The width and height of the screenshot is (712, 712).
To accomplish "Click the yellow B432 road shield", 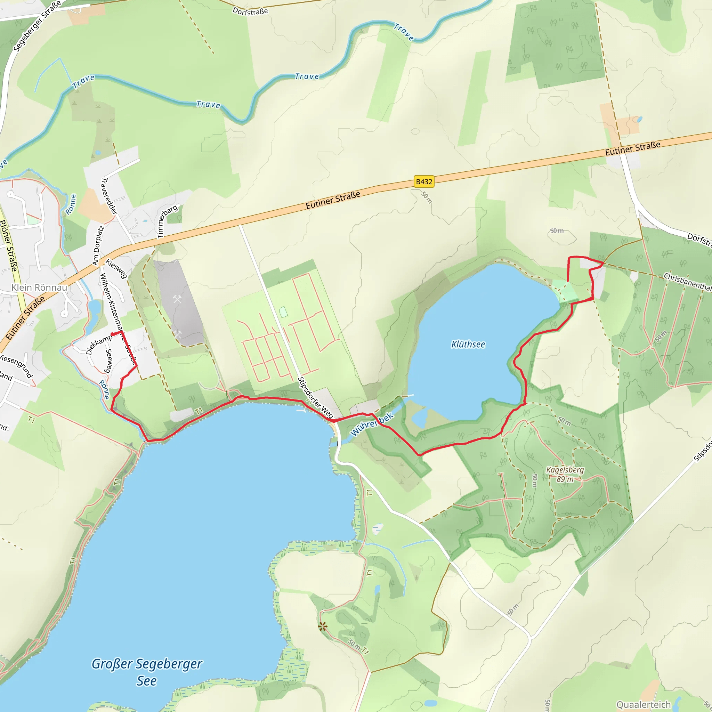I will (x=424, y=182).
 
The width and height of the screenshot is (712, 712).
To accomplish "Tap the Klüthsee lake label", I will (x=468, y=344).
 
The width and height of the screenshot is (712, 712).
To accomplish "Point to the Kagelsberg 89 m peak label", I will (x=565, y=474).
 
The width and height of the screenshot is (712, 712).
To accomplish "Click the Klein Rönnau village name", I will (x=39, y=288).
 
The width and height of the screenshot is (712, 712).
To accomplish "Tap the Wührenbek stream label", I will (x=372, y=424).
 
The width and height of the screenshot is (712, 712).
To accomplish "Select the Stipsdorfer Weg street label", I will (x=315, y=398).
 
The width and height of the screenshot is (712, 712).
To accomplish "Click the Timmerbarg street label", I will (x=167, y=221).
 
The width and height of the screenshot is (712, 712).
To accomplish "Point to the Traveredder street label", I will (x=110, y=196).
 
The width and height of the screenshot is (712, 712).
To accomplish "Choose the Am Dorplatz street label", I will (x=98, y=246).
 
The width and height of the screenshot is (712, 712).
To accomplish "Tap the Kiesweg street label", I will (x=116, y=269).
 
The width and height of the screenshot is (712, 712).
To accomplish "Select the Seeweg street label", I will (x=109, y=361).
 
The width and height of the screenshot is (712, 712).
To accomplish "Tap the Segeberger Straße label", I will (x=37, y=26).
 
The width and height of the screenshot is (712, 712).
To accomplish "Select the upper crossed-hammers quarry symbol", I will (x=177, y=299).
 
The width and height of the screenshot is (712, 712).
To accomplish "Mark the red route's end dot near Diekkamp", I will (x=112, y=334).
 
